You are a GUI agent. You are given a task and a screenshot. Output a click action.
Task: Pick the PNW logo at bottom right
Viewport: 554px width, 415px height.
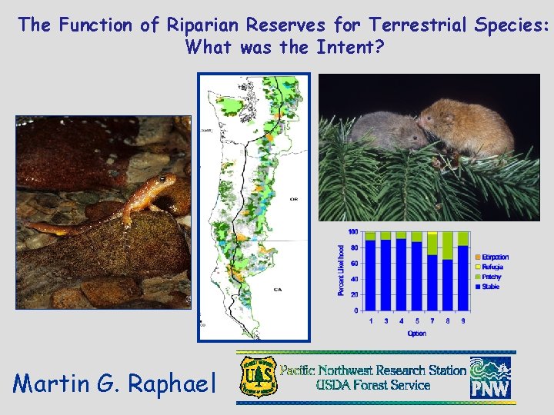(490, 377)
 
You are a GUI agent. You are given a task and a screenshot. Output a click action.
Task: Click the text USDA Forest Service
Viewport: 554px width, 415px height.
(373, 385)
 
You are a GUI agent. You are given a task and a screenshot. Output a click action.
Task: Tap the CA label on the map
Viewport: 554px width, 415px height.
(278, 290)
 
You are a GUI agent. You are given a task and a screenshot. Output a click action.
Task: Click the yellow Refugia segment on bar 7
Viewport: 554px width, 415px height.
(432, 232)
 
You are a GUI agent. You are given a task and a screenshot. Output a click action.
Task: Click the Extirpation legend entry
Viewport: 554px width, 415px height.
(495, 257)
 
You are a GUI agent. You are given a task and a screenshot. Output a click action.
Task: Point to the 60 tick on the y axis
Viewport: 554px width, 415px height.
(353, 264)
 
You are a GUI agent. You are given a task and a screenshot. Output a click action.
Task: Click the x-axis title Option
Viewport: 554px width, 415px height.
(416, 334)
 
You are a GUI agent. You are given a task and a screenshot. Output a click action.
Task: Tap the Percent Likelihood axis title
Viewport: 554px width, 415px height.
(341, 270)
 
